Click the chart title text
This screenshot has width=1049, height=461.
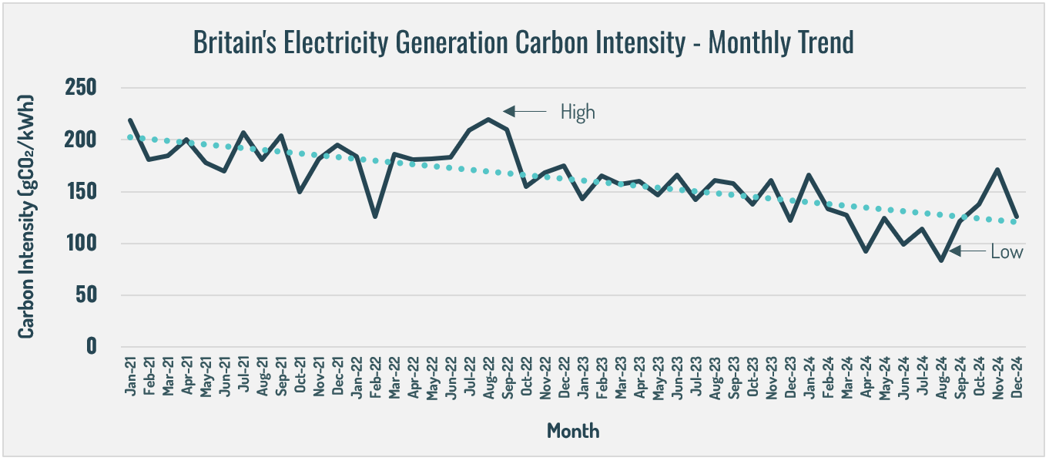pyautogui.click(x=523, y=42)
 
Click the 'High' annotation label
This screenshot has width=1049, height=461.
pyautogui.click(x=578, y=113)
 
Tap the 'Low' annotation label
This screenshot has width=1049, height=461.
pyautogui.click(x=1007, y=251)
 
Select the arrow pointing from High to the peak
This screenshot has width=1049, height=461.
pyautogui.click(x=524, y=112)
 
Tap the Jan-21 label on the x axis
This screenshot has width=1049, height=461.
pyautogui.click(x=130, y=375)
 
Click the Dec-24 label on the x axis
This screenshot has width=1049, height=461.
pyautogui.click(x=1016, y=375)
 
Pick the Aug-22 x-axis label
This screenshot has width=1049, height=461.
pyautogui.click(x=488, y=375)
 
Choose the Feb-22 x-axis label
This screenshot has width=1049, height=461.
pyautogui.click(x=375, y=375)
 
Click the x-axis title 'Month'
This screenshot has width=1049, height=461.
pyautogui.click(x=572, y=430)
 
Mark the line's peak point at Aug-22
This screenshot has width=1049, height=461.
pyautogui.click(x=488, y=119)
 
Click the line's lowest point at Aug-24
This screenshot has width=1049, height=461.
pyautogui.click(x=940, y=261)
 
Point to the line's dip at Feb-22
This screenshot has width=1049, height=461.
pyautogui.click(x=375, y=217)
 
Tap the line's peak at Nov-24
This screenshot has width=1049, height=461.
pyautogui.click(x=997, y=170)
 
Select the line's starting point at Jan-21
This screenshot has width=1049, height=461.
pyautogui.click(x=130, y=120)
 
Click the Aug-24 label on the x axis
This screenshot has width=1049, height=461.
pyautogui.click(x=940, y=375)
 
